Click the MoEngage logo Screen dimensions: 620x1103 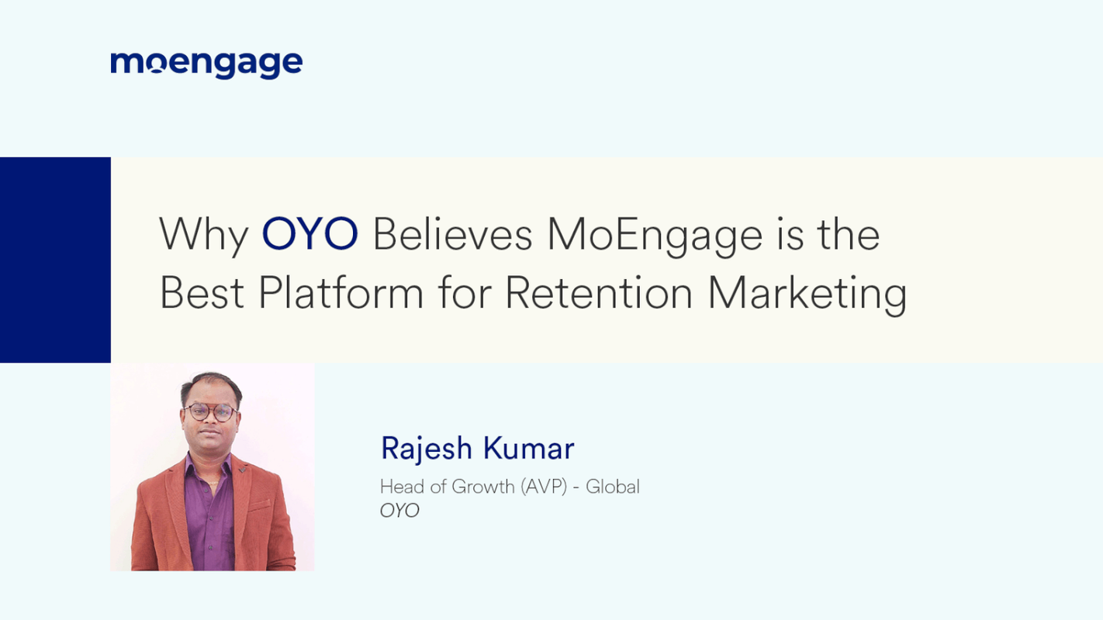[206, 64]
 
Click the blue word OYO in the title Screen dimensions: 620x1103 [309, 234]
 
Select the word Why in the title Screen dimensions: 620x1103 [203, 234]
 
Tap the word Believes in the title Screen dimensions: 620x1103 [452, 234]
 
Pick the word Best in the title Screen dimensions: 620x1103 [202, 293]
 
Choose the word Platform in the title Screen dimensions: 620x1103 [341, 293]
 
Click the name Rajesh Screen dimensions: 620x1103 [426, 448]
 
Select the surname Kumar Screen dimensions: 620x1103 [528, 448]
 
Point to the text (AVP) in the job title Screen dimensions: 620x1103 [544, 487]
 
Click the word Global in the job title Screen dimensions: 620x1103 [613, 487]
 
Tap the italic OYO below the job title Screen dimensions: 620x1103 [399, 511]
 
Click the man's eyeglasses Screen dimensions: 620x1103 [210, 412]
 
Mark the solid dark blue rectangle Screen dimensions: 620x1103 [55, 260]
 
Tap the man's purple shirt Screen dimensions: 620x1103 [209, 511]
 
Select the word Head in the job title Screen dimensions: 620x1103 [397, 487]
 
